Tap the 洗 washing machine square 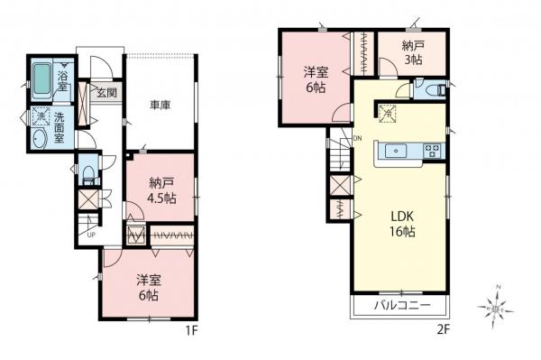(x=41, y=116)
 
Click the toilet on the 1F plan (x=87, y=171)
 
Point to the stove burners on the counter (x=430, y=151)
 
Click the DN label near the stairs (x=358, y=138)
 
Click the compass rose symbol (x=498, y=303)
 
